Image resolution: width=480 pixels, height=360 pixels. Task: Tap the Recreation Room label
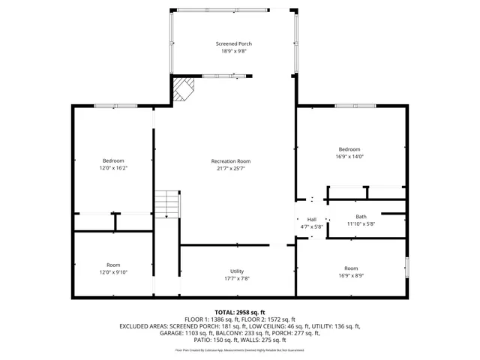tap(230, 161)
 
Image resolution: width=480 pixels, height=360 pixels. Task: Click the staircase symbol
tap(168, 205)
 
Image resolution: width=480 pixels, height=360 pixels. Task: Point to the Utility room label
tap(237, 271)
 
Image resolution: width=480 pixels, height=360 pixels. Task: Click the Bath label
tap(361, 217)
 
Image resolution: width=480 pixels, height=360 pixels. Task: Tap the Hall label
tap(311, 219)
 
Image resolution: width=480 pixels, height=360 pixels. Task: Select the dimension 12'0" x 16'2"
tap(113, 169)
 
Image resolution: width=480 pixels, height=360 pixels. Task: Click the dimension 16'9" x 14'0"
tap(349, 157)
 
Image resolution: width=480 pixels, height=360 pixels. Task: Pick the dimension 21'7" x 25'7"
tap(230, 169)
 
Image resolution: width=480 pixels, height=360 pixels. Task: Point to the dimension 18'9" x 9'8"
tap(234, 52)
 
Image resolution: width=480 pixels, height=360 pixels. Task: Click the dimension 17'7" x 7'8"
tap(237, 278)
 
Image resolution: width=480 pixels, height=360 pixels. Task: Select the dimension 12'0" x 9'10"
tap(113, 272)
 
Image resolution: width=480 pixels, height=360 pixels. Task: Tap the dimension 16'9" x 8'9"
tap(351, 275)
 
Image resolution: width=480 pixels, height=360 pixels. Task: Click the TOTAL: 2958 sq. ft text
tap(240, 311)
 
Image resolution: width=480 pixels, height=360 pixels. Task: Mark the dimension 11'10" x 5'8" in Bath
tap(361, 223)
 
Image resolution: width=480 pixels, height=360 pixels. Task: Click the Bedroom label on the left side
tap(113, 160)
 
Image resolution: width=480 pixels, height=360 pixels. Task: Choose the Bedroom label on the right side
tap(349, 149)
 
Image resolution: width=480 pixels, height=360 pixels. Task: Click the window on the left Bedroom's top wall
tap(115, 106)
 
